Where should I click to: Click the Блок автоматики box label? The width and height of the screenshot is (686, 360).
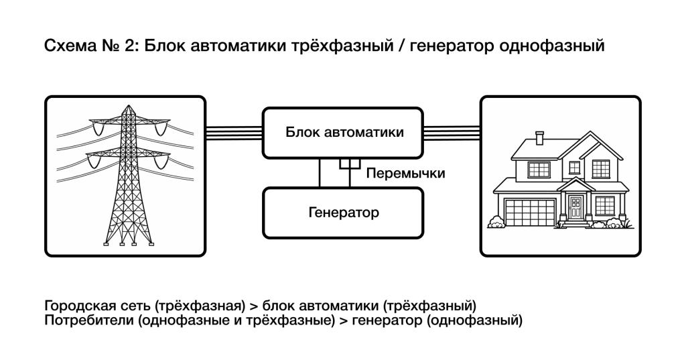[344, 132]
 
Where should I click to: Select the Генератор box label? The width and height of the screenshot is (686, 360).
[344, 213]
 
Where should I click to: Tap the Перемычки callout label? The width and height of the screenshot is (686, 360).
[406, 174]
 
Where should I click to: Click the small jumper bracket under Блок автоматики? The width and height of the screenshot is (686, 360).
[348, 164]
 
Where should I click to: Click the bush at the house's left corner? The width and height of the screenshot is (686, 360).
[496, 222]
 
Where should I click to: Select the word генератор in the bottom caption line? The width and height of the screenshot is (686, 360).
[386, 320]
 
